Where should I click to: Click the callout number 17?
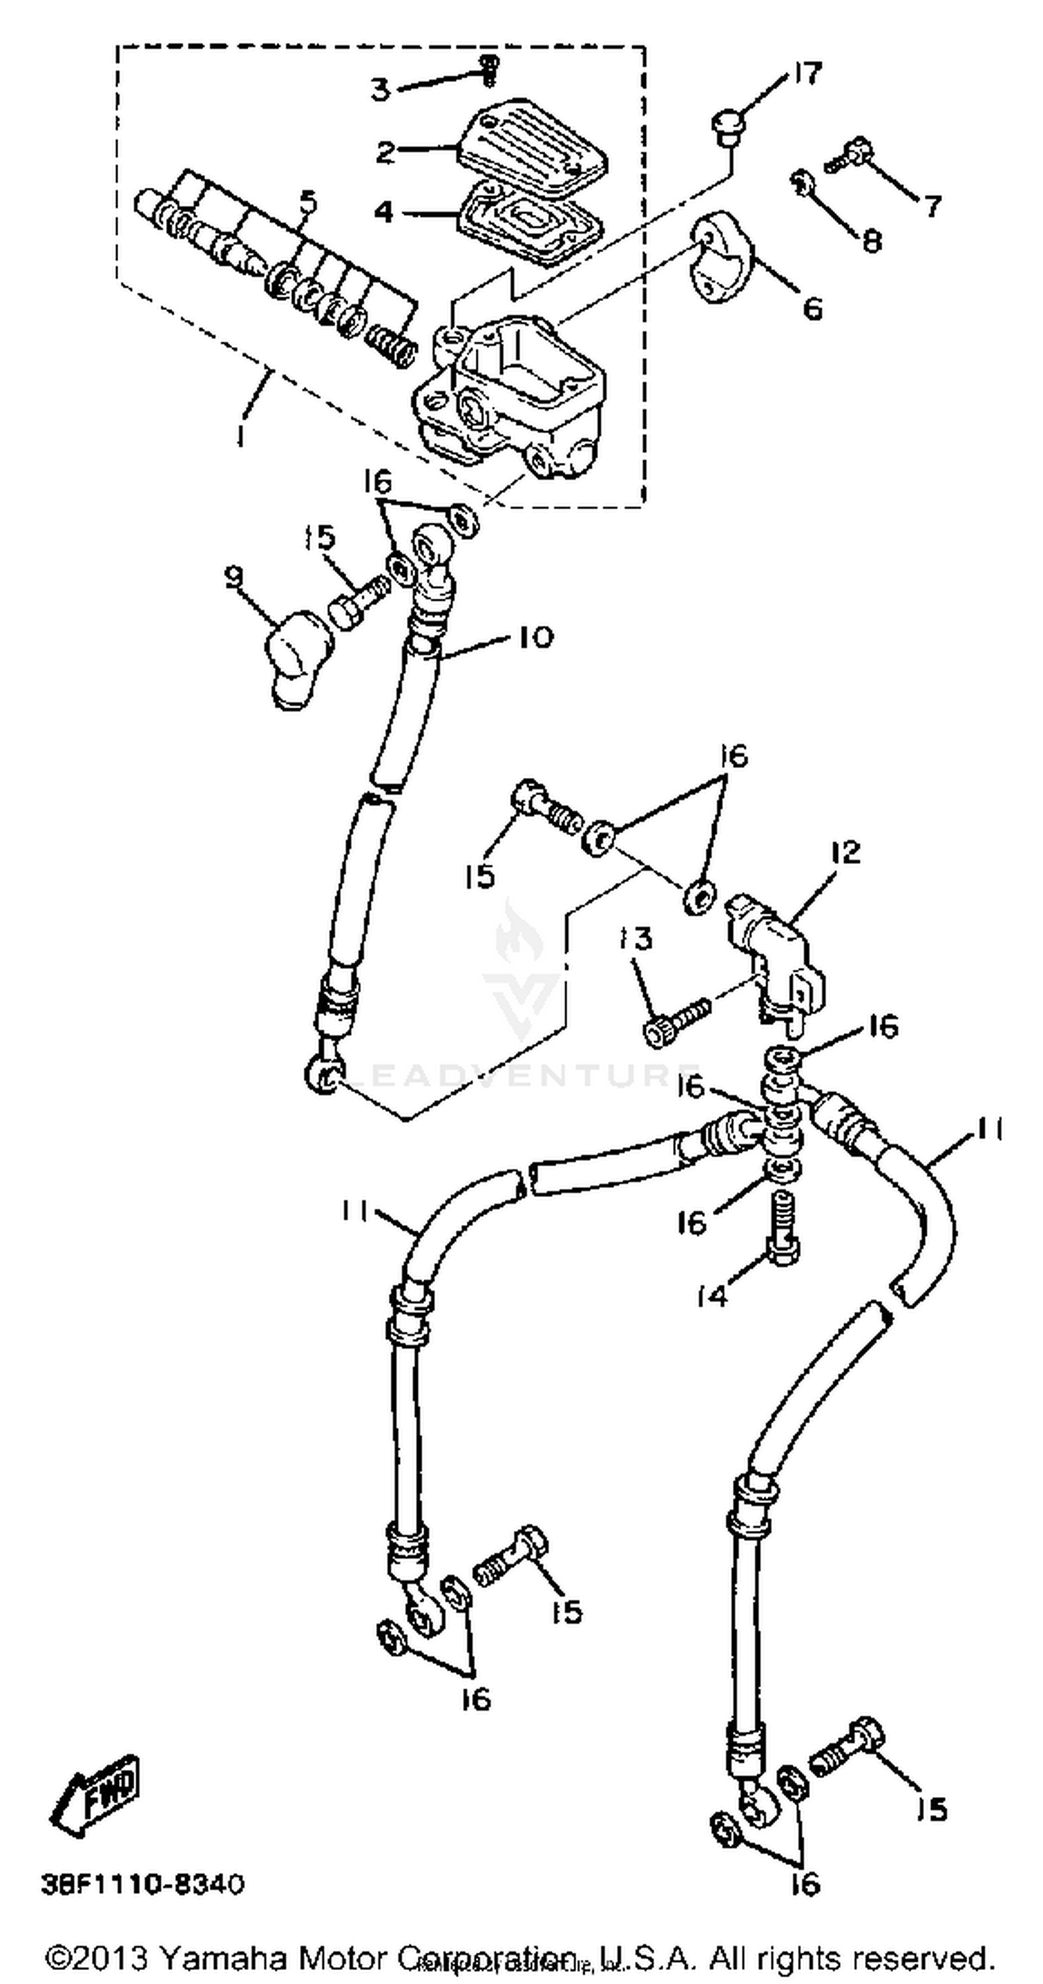806,74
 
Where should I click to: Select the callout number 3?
380,90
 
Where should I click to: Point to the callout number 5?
307,201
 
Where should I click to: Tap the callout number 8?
871,241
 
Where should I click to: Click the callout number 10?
536,637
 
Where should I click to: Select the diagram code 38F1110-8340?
143,1885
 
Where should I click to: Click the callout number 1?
241,436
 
